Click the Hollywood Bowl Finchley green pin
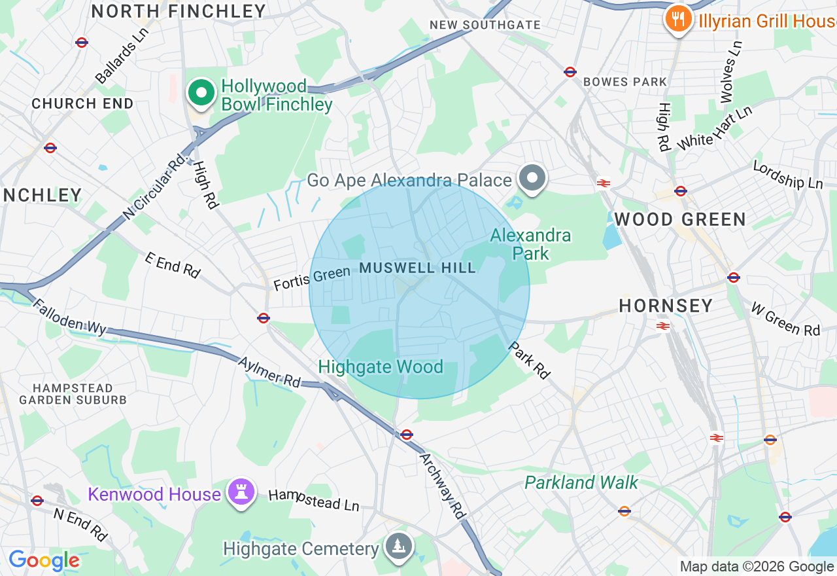[x=202, y=94]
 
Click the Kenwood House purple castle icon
[x=241, y=493]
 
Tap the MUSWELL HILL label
[x=417, y=268]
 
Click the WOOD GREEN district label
[x=680, y=219]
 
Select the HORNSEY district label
[x=666, y=306]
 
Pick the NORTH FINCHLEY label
[x=179, y=11]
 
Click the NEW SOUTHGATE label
[x=485, y=25]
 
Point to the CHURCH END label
[x=82, y=103]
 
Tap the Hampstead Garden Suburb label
[x=73, y=394]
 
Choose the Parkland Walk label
[x=581, y=482]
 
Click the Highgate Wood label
[x=381, y=367]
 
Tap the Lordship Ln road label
[x=787, y=175]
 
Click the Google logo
[x=44, y=561]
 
